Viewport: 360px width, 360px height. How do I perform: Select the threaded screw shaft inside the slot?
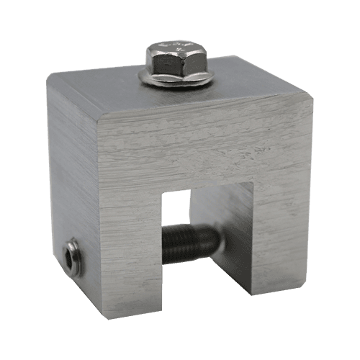191,243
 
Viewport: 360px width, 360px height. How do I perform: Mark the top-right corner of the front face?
312,96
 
